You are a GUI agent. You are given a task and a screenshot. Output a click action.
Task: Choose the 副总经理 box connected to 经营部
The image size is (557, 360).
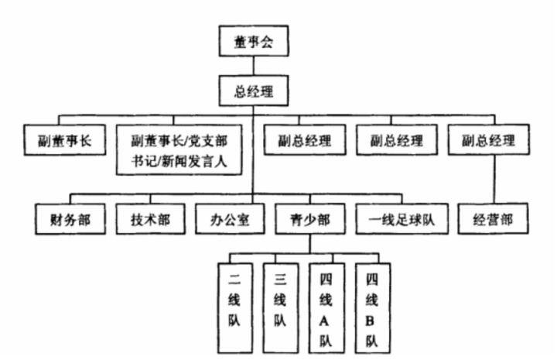point(493,142)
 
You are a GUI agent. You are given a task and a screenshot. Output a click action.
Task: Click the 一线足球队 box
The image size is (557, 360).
point(398,220)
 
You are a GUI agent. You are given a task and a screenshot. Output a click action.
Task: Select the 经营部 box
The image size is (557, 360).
point(493,220)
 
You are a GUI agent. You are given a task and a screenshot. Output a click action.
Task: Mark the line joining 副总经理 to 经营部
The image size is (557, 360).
point(493,180)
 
